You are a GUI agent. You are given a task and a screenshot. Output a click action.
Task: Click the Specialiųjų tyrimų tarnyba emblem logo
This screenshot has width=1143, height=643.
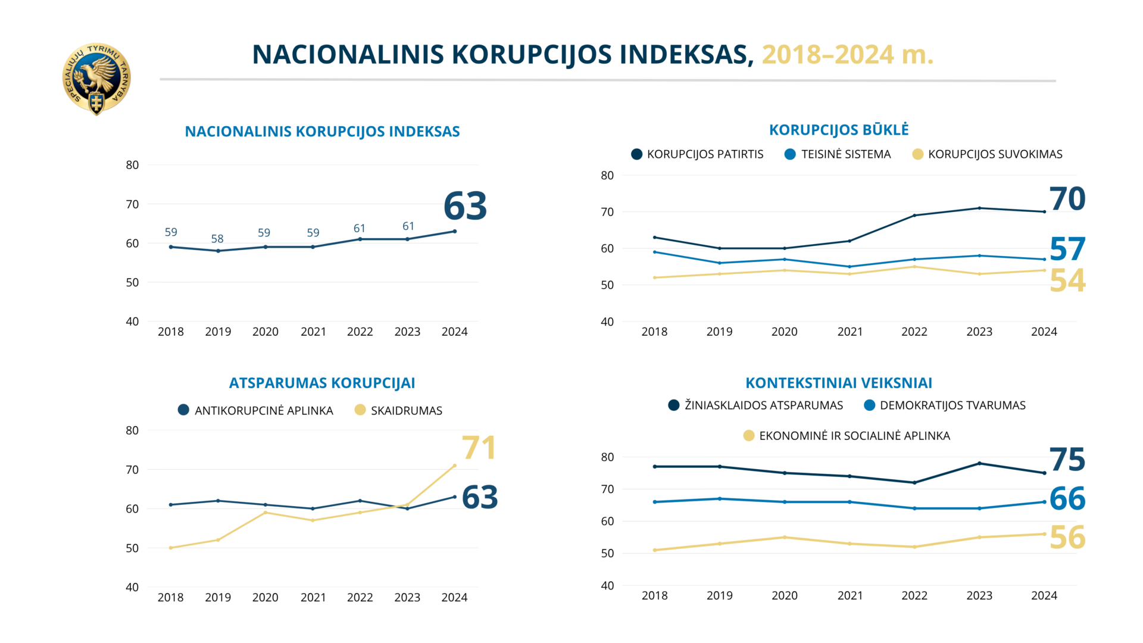click(x=96, y=79)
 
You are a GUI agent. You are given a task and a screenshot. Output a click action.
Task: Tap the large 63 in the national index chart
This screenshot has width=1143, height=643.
click(x=465, y=206)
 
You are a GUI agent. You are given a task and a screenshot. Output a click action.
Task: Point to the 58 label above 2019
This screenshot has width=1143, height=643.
click(x=217, y=239)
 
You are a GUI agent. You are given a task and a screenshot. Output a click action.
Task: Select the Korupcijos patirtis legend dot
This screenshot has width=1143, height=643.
click(x=636, y=154)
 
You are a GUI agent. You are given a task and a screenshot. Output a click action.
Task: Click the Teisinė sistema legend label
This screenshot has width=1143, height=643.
click(x=845, y=154)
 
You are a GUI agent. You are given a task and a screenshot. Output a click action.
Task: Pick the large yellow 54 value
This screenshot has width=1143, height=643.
click(x=1067, y=280)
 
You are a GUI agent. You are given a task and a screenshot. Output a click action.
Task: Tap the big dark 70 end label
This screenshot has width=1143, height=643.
click(x=1067, y=199)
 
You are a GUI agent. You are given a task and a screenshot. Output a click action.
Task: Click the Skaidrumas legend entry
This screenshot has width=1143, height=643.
click(x=406, y=410)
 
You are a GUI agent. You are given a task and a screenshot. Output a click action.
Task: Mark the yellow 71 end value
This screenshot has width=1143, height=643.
click(x=479, y=448)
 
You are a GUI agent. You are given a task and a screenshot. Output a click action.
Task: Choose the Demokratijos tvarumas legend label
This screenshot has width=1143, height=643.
click(x=952, y=405)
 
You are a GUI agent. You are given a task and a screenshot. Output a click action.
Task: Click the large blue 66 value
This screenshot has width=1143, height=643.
click(x=1067, y=499)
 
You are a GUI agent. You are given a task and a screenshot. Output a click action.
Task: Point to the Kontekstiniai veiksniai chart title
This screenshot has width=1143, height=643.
click(x=839, y=383)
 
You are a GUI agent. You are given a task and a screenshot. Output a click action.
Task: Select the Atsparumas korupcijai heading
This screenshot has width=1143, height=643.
click(x=322, y=383)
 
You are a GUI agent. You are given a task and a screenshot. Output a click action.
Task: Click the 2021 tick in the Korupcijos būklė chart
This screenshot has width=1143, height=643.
click(x=850, y=332)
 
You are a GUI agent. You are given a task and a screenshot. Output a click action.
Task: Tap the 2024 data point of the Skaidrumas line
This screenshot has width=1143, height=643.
click(x=455, y=466)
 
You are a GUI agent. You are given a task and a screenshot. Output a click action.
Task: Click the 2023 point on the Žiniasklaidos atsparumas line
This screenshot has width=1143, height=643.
click(x=979, y=463)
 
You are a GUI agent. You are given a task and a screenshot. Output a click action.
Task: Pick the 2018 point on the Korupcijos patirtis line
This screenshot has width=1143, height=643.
click(x=654, y=238)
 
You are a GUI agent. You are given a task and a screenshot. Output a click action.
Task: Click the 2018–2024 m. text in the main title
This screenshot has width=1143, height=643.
click(x=847, y=55)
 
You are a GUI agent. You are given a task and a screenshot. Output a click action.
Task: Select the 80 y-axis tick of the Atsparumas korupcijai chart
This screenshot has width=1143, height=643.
click(x=132, y=430)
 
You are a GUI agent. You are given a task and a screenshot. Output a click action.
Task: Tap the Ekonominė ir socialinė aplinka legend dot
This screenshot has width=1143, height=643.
click(x=749, y=436)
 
